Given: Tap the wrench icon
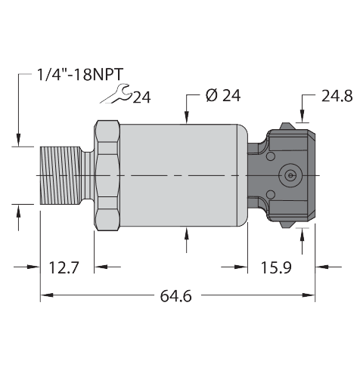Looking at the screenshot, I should [116, 94].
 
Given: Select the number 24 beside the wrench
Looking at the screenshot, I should [141, 96].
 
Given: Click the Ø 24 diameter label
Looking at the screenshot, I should [222, 96].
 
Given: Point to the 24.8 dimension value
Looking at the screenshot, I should [337, 96].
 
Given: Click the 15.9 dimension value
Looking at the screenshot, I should [276, 267].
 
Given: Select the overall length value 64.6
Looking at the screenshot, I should [176, 295].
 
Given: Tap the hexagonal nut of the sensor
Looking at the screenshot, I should [107, 174].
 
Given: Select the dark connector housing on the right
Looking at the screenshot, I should [287, 174].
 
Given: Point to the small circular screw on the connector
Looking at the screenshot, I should [289, 175].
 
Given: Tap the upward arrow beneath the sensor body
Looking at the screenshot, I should [188, 235].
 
